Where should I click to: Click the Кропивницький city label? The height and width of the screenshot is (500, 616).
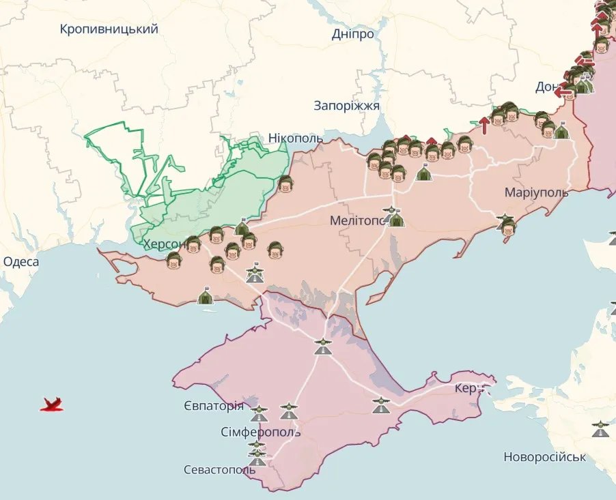tap(109, 29)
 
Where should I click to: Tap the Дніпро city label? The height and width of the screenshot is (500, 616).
tap(352, 34)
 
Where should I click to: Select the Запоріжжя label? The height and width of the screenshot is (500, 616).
tap(347, 106)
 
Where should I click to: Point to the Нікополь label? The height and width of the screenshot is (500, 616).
tap(296, 138)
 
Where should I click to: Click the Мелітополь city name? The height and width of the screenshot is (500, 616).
tap(359, 221)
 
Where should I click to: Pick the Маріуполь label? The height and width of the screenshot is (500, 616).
tap(536, 192)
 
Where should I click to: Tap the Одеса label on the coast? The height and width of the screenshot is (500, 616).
tap(21, 262)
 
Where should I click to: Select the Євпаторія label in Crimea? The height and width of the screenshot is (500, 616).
tap(213, 407)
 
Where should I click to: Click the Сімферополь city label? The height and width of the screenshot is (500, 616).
tap(260, 433)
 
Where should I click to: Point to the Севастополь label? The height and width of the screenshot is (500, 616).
tap(219, 470)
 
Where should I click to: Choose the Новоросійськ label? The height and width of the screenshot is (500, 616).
tap(544, 457)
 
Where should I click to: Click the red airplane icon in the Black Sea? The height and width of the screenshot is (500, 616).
tap(52, 405)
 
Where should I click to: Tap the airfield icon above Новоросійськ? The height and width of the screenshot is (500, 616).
tap(600, 429)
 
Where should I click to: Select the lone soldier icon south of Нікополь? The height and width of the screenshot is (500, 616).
tap(285, 184)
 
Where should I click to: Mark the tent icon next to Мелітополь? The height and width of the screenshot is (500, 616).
tap(397, 219)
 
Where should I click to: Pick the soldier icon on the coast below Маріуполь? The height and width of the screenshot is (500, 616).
tap(507, 229)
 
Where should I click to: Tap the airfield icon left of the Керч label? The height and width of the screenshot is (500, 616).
tap(381, 405)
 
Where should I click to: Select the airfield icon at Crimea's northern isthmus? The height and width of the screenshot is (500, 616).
tap(322, 347)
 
